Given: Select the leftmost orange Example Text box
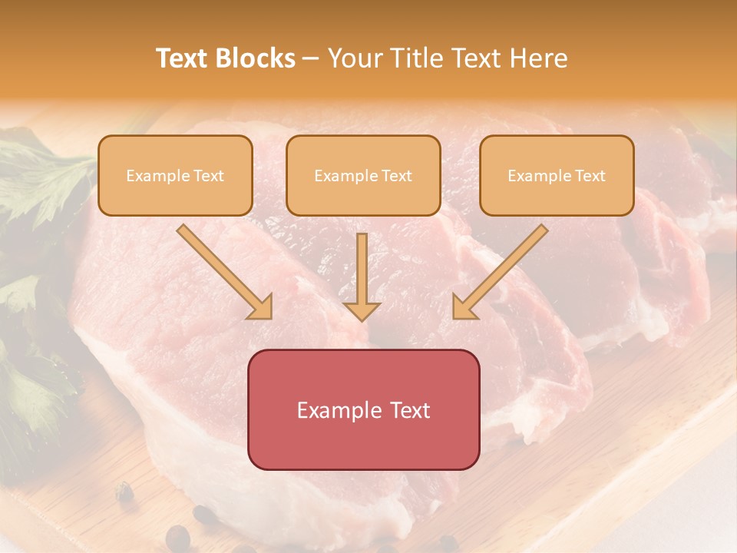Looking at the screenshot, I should click(175, 175).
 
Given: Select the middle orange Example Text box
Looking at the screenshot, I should click(363, 175).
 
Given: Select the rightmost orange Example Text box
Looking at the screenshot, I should click(557, 175).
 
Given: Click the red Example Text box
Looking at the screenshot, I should click(363, 409).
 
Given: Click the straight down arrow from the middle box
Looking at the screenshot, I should click(362, 276).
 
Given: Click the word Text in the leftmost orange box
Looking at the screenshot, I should click(209, 176).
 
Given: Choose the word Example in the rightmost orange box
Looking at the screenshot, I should click(540, 176).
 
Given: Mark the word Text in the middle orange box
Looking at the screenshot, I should click(397, 176).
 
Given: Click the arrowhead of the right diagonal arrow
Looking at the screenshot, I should click(465, 307).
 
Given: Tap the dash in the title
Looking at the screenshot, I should click(312, 58).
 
